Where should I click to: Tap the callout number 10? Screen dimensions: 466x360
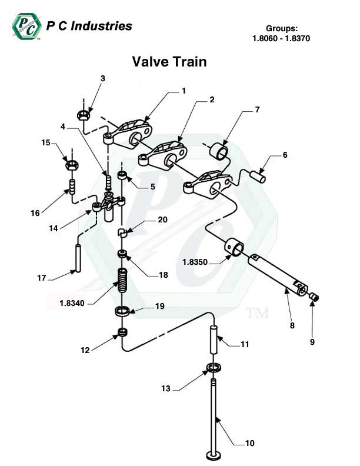(x=249, y=443)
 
